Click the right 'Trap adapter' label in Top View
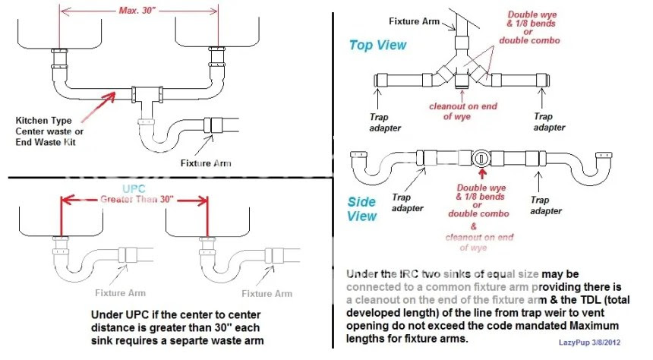[544, 122]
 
